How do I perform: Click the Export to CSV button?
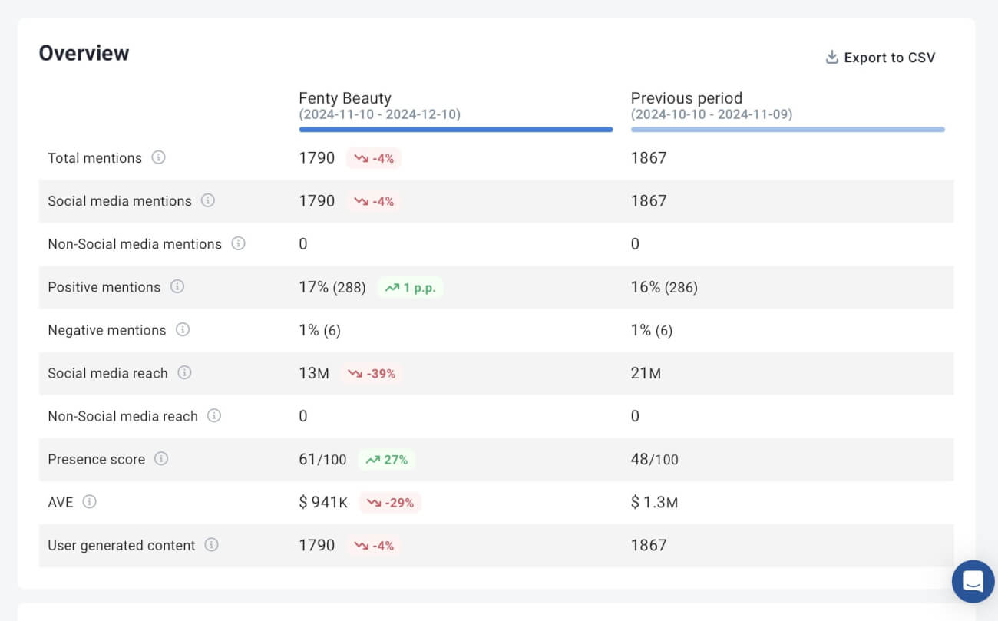pyautogui.click(x=881, y=58)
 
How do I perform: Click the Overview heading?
pyautogui.click(x=84, y=53)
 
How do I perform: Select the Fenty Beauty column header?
pyautogui.click(x=345, y=98)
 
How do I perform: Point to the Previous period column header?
pyautogui.click(x=686, y=98)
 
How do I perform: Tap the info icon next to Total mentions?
pyautogui.click(x=158, y=157)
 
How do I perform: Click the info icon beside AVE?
pyautogui.click(x=90, y=502)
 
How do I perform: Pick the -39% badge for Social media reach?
pyautogui.click(x=372, y=374)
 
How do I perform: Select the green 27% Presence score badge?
pyautogui.click(x=387, y=460)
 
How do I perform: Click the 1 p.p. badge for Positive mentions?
pyautogui.click(x=411, y=288)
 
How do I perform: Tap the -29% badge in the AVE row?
pyautogui.click(x=391, y=503)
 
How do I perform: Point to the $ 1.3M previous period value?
pyautogui.click(x=654, y=503)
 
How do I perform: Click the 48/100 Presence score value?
pyautogui.click(x=654, y=460)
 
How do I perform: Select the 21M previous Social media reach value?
pyautogui.click(x=646, y=374)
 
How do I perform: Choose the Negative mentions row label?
pyautogui.click(x=107, y=330)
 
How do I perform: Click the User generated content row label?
pyautogui.click(x=121, y=546)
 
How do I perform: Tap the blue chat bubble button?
pyautogui.click(x=973, y=581)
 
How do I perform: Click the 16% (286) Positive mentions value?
pyautogui.click(x=664, y=287)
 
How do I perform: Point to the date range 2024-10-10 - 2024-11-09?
pyautogui.click(x=711, y=114)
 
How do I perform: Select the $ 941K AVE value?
pyautogui.click(x=323, y=503)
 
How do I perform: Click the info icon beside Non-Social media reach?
pyautogui.click(x=214, y=415)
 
